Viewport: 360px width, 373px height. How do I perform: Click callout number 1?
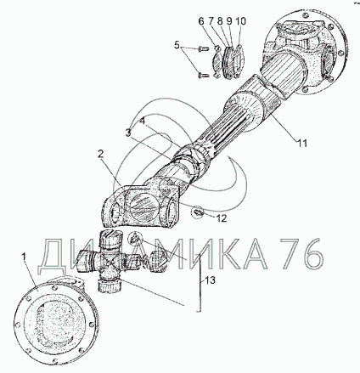coord(25,258)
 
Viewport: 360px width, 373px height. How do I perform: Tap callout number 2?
coord(100,154)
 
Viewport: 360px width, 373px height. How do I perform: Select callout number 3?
coord(128,132)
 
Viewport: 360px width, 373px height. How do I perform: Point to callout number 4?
coord(143,121)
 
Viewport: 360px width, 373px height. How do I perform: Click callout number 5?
coord(177,45)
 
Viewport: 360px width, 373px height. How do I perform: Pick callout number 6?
coord(201,21)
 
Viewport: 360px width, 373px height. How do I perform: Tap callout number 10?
coord(240,21)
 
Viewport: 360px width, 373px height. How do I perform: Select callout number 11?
coord(301,144)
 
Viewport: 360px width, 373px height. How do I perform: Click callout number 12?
coord(222,218)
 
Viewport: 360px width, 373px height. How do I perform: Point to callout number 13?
coord(211,280)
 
